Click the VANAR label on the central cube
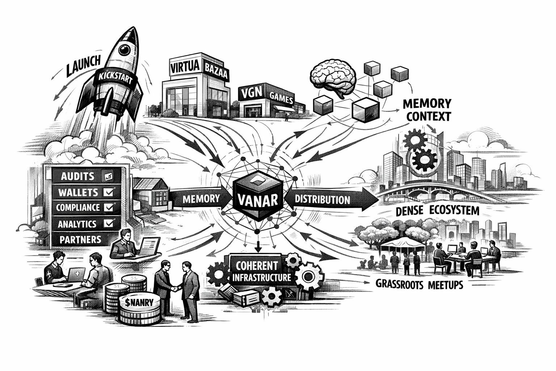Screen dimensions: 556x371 pyautogui.click(x=257, y=199)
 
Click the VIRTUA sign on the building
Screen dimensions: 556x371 pyautogui.click(x=184, y=68)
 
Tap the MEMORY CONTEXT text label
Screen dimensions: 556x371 pyautogui.click(x=427, y=110)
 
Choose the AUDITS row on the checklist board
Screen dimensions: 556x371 pyautogui.click(x=78, y=176)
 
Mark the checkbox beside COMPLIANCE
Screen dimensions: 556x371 pyautogui.click(x=108, y=207)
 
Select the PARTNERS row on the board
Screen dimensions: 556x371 pyautogui.click(x=80, y=239)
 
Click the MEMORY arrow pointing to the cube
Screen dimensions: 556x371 pyautogui.click(x=201, y=199)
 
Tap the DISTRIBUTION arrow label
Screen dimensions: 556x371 pyautogui.click(x=322, y=199)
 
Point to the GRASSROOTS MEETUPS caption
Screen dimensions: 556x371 pyautogui.click(x=419, y=284)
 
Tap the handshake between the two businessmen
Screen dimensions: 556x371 pyautogui.click(x=175, y=289)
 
